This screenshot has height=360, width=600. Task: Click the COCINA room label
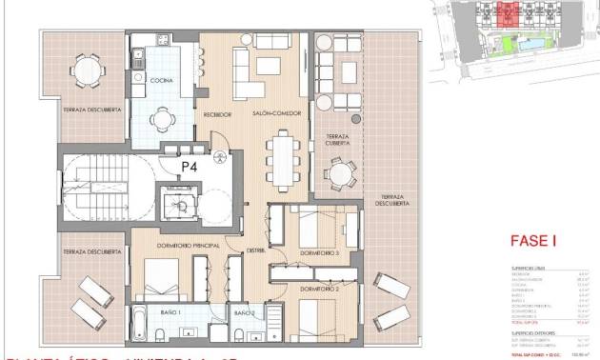pos(160,81)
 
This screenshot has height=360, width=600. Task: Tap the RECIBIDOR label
pos(218,114)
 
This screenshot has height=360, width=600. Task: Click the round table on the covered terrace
pos(339,173)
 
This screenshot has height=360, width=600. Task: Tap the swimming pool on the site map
pos(529,43)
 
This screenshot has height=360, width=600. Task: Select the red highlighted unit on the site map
pos(509,13)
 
